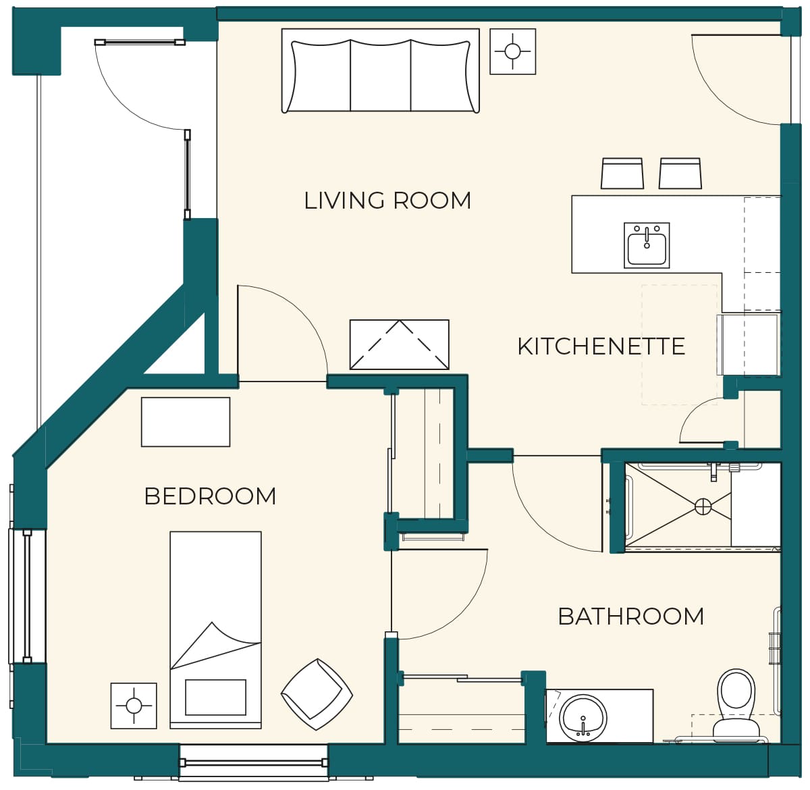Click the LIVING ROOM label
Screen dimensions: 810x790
[387, 201]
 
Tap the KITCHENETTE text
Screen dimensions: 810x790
[601, 346]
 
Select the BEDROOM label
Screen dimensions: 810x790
[210, 496]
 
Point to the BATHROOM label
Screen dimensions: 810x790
[630, 616]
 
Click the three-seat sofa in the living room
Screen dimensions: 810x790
[381, 70]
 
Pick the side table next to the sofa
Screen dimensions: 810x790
[512, 51]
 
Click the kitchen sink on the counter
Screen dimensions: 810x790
[647, 245]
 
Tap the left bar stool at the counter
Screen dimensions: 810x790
[622, 174]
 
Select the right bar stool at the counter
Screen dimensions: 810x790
[680, 174]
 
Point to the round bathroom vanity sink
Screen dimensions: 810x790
[583, 718]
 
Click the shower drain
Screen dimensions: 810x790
[703, 506]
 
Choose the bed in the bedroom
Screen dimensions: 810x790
[215, 630]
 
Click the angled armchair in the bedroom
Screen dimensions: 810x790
[317, 694]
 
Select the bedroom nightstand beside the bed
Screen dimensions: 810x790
[134, 706]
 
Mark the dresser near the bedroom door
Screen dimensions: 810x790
[186, 422]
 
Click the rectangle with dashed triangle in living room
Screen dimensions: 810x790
[399, 344]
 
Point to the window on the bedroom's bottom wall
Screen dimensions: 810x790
[254, 763]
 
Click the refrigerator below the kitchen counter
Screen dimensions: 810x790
[748, 345]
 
